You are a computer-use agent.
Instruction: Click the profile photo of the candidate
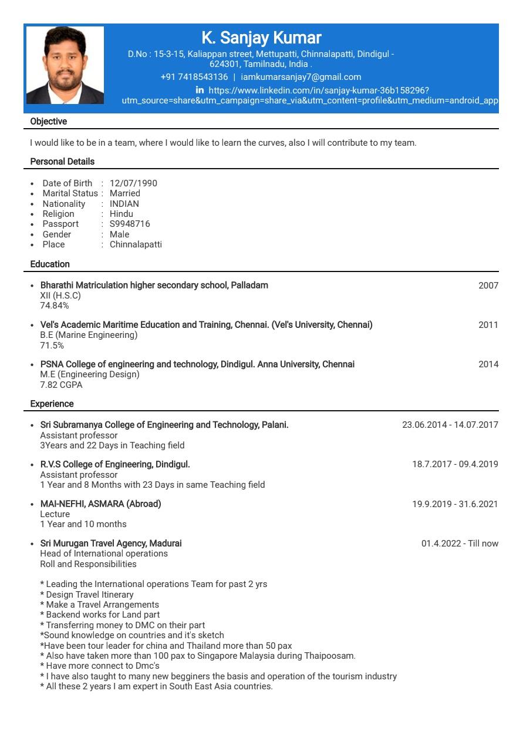pos(65,65)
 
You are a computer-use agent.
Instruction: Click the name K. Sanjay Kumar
pos(261,38)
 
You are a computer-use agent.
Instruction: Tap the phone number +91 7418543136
pos(194,77)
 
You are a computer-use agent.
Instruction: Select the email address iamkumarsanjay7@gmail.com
pos(301,77)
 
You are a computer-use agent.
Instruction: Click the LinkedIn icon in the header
pos(200,90)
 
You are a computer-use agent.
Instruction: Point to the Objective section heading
pos(49,122)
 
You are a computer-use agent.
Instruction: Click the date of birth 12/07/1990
pos(133,183)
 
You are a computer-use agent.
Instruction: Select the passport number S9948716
pos(130,224)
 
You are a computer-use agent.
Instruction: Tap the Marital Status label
pos(70,193)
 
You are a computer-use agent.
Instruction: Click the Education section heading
pos(50,264)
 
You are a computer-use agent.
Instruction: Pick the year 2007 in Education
pos(488,286)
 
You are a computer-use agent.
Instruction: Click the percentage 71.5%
pos(52,346)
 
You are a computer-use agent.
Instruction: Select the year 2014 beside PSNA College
pos(488,364)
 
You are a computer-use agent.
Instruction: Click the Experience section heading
pos(52,404)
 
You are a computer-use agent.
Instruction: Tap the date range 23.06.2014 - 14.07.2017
pos(450,425)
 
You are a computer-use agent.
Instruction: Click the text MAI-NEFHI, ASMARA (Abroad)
pos(100,504)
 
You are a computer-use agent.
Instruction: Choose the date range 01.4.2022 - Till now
pos(460,544)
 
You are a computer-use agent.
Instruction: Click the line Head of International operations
pos(104,554)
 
